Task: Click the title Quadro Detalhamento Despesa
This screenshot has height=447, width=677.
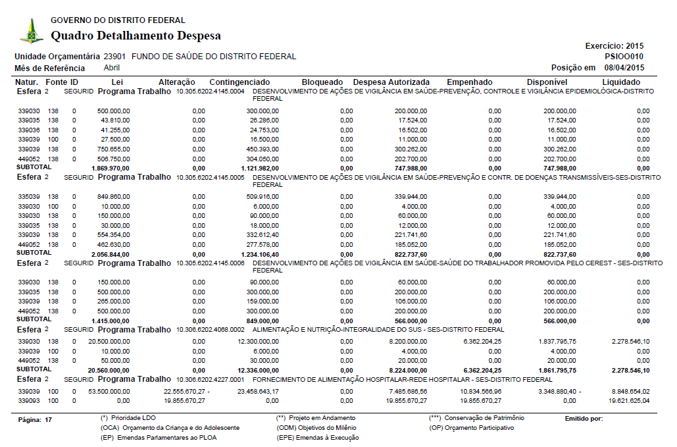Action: tap(136, 36)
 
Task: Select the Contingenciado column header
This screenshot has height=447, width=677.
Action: tap(239, 82)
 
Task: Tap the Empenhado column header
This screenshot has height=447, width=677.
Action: tap(474, 82)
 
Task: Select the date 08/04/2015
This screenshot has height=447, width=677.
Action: tap(624, 68)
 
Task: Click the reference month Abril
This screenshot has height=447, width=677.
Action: tap(112, 68)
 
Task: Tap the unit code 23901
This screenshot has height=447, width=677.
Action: tap(115, 57)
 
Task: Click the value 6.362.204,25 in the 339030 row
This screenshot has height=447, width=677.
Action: tap(478, 342)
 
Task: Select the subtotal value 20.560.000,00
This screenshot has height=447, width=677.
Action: tap(109, 370)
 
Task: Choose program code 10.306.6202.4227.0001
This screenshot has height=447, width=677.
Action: tap(211, 380)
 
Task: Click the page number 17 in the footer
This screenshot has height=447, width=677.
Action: tap(48, 419)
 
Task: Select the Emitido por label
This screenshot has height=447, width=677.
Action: tap(584, 419)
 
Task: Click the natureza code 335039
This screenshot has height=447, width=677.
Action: tap(29, 197)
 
